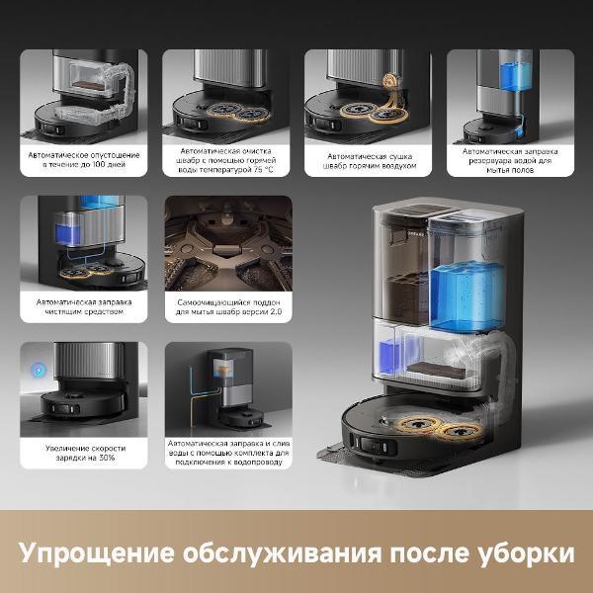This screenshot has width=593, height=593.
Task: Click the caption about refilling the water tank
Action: (x=509, y=158)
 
